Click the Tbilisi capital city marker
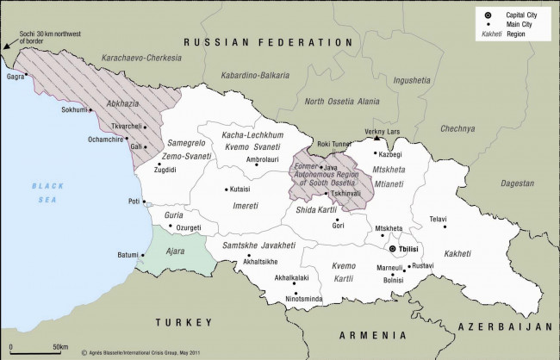tap(394, 248)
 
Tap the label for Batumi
tap(128, 254)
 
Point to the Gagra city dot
tap(27, 74)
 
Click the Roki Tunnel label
tap(336, 145)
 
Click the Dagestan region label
tap(517, 183)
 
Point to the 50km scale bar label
tap(60, 346)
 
